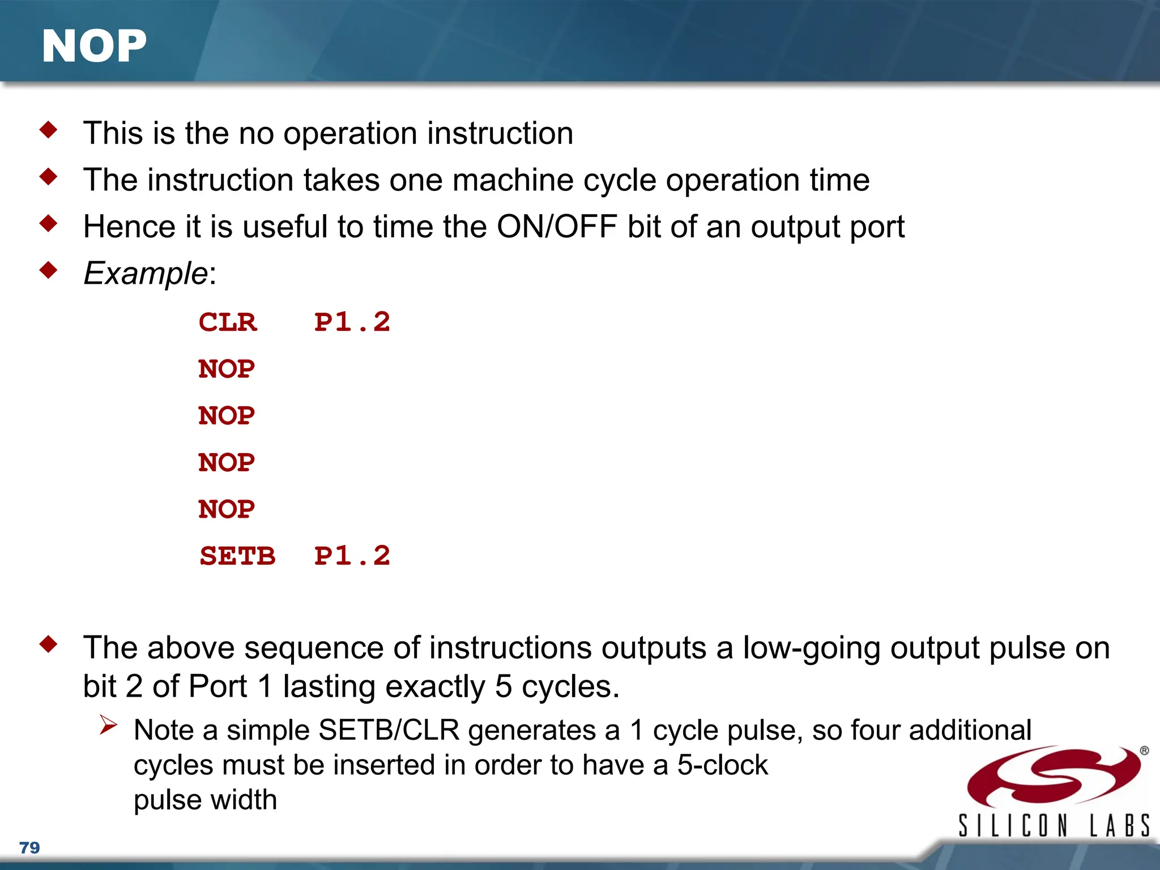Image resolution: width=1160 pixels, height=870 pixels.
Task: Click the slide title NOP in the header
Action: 94,46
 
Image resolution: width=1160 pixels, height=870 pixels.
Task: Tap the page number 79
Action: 29,847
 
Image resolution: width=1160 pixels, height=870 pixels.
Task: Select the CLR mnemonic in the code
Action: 228,322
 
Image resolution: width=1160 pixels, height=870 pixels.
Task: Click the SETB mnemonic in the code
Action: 237,556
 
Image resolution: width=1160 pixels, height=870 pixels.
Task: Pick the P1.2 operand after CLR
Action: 352,322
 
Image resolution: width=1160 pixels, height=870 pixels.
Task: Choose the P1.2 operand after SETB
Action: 352,556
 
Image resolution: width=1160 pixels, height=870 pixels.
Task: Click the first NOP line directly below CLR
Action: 227,369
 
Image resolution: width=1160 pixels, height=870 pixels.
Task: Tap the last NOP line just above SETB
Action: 227,509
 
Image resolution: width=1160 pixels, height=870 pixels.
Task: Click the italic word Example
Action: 146,274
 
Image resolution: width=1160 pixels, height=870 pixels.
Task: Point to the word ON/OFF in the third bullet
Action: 557,227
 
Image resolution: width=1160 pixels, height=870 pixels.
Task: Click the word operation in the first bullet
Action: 350,134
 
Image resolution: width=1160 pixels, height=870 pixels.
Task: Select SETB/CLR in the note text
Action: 389,730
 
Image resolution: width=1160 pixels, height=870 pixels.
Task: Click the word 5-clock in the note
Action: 723,765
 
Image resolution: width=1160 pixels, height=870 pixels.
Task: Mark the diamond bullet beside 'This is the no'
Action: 49,130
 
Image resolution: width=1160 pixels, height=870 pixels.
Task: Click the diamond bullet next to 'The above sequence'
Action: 49,644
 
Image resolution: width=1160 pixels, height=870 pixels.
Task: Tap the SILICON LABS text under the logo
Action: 1054,825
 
